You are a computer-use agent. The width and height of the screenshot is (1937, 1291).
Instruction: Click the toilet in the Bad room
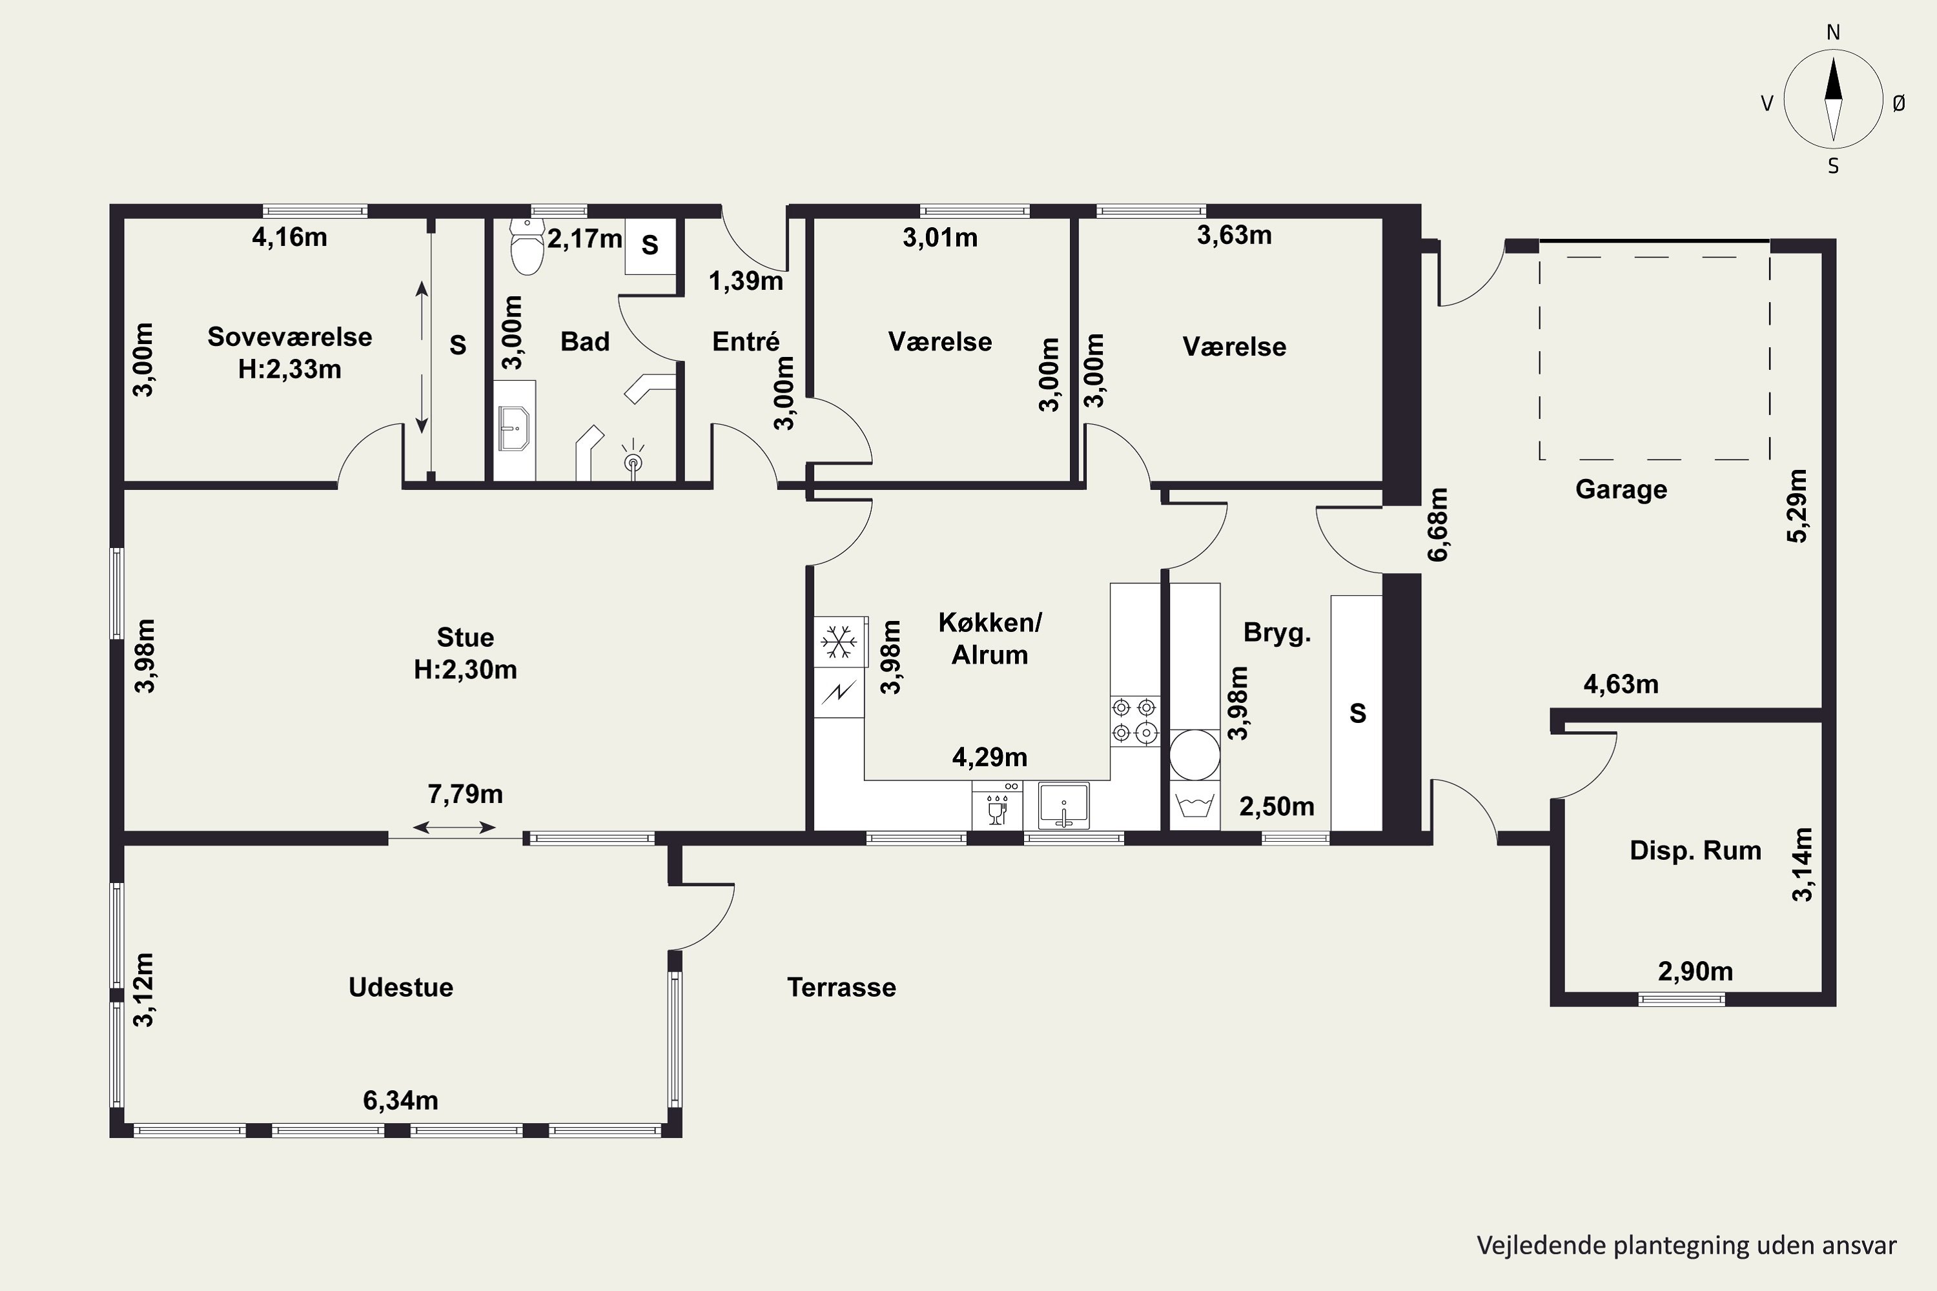click(527, 245)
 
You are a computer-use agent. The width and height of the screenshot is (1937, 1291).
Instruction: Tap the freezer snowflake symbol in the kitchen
click(839, 642)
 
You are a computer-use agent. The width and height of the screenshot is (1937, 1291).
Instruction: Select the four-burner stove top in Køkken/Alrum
click(1135, 720)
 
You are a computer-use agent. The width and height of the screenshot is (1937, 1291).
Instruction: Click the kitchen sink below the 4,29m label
click(1063, 805)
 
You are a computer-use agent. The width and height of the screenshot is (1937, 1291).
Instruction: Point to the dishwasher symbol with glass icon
click(996, 805)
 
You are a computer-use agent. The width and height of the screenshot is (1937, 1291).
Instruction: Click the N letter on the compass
click(1833, 32)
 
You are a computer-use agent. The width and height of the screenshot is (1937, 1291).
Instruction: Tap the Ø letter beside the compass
click(1898, 103)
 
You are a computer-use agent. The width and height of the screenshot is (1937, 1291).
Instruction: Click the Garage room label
click(1621, 490)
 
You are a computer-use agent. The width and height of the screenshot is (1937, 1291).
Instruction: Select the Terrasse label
click(841, 987)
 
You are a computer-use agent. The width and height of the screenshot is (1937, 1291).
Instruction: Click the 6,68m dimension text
click(1437, 524)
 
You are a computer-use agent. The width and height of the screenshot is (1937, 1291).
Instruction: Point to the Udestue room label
click(400, 987)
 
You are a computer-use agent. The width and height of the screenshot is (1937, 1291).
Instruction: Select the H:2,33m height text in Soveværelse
click(289, 369)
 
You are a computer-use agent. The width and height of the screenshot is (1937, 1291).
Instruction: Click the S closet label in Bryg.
click(1357, 713)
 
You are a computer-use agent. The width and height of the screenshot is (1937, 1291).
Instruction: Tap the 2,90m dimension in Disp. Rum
click(1695, 971)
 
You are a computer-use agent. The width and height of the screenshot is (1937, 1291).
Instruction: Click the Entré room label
click(745, 341)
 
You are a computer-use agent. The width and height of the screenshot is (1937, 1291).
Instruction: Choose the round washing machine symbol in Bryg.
click(1194, 754)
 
